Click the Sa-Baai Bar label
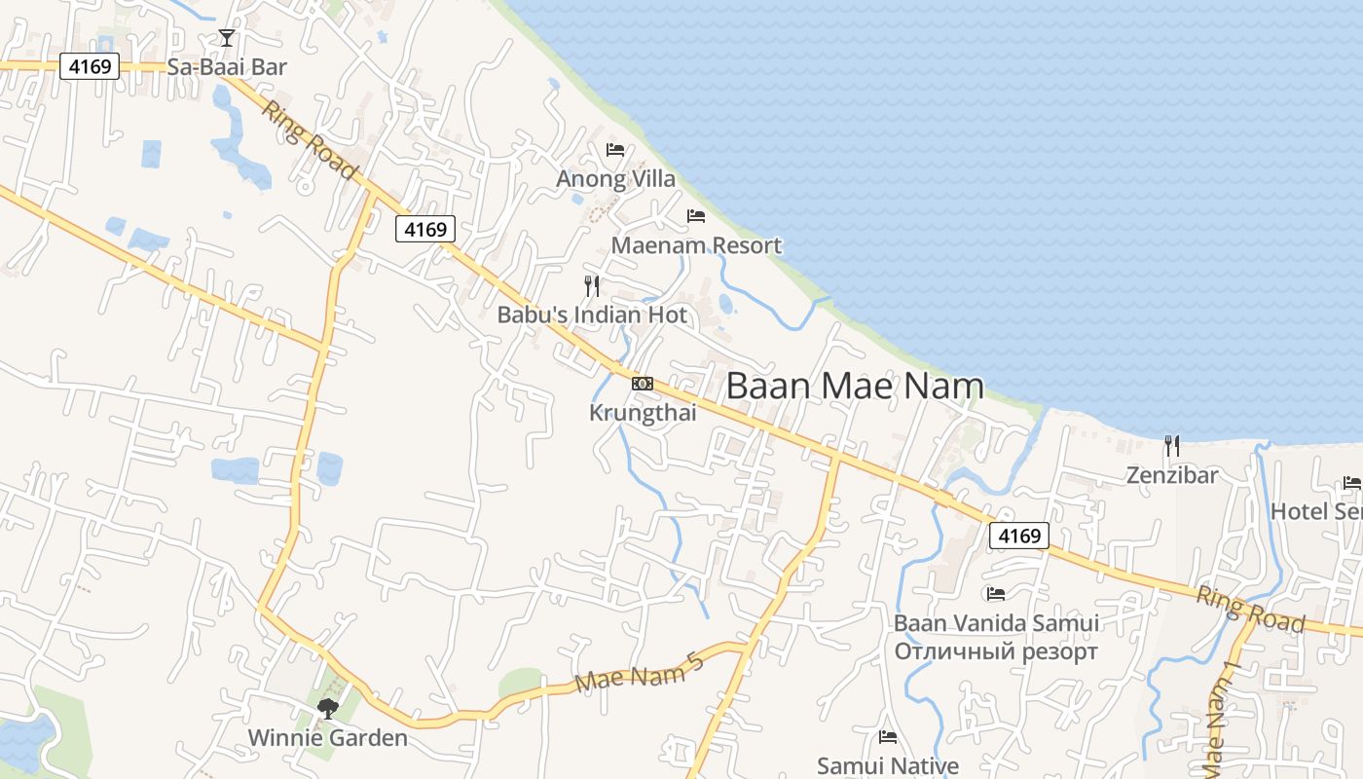coord(228,67)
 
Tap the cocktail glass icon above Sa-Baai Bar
coord(227,38)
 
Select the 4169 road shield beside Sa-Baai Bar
coord(90,66)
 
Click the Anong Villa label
coord(615,179)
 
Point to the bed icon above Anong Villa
coord(615,150)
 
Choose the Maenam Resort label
coord(696,245)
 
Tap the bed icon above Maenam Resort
coord(696,216)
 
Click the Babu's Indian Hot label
coord(592,315)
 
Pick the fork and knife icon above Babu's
coord(591,285)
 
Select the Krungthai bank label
coord(643,413)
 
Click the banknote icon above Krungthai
coord(643,384)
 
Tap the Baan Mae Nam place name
coord(855,386)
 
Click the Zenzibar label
coord(1172,476)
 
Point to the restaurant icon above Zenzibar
coord(1172,447)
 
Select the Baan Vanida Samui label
coord(996,623)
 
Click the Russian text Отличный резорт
coord(996,651)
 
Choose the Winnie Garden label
coord(327,737)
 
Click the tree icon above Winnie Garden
coord(328,708)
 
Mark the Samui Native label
coord(887,766)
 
